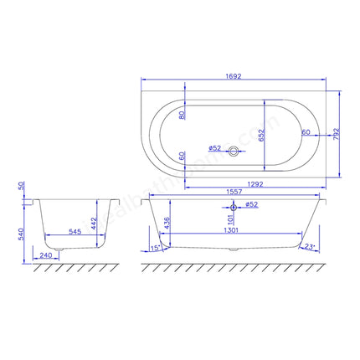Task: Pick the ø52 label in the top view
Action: [x=214, y=148]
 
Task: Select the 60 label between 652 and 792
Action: [x=306, y=131]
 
